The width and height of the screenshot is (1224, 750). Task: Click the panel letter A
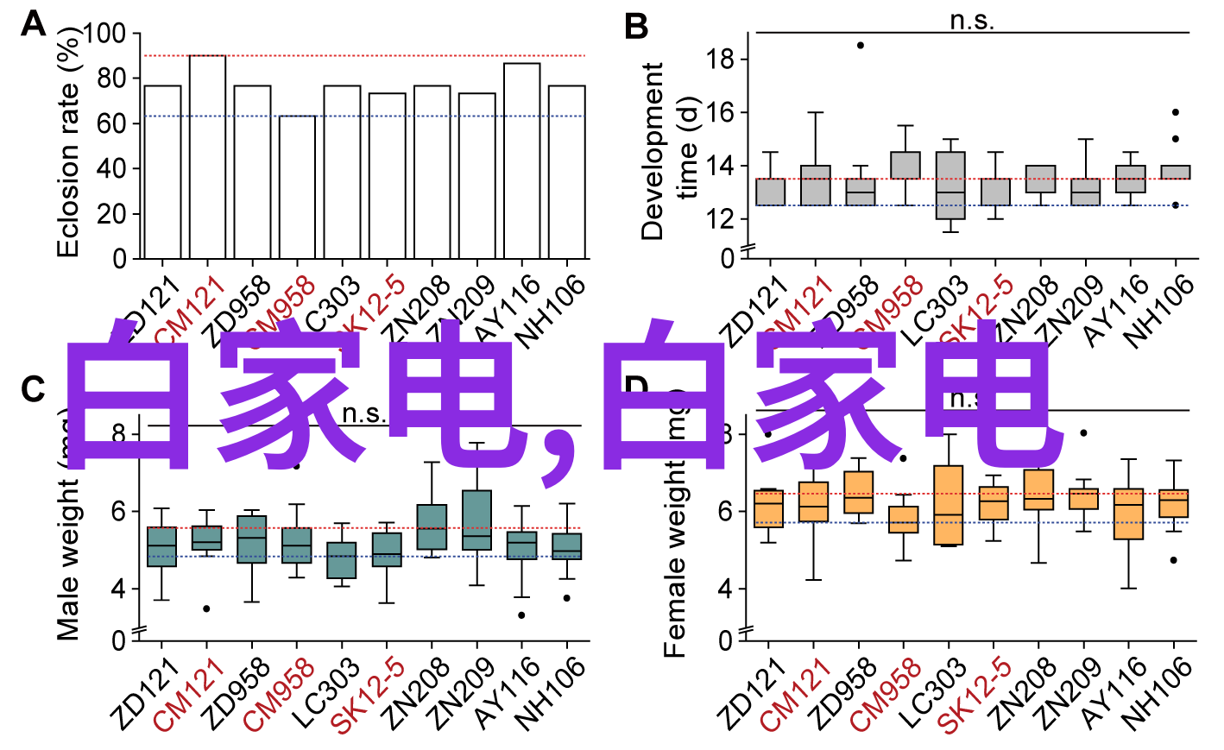(x=33, y=24)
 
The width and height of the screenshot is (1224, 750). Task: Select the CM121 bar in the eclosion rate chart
(x=207, y=156)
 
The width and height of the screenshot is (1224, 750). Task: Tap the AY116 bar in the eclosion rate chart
(x=522, y=161)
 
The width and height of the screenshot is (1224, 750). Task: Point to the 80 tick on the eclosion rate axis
(x=111, y=79)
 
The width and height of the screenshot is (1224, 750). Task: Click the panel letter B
(x=636, y=27)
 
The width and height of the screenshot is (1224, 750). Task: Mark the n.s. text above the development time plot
(x=972, y=21)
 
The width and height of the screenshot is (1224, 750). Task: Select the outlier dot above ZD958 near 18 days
(x=861, y=45)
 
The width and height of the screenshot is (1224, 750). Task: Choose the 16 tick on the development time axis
(x=720, y=113)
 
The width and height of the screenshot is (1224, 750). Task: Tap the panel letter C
(x=33, y=389)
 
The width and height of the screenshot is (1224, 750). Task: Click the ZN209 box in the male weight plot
(x=477, y=520)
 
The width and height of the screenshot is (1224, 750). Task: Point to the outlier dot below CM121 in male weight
(x=206, y=608)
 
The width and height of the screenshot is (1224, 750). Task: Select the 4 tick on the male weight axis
(x=118, y=589)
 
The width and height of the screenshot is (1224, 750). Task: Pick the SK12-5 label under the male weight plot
(x=369, y=694)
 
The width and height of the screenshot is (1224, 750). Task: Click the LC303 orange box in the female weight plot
(x=949, y=505)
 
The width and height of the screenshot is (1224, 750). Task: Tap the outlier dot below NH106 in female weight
(x=1173, y=560)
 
